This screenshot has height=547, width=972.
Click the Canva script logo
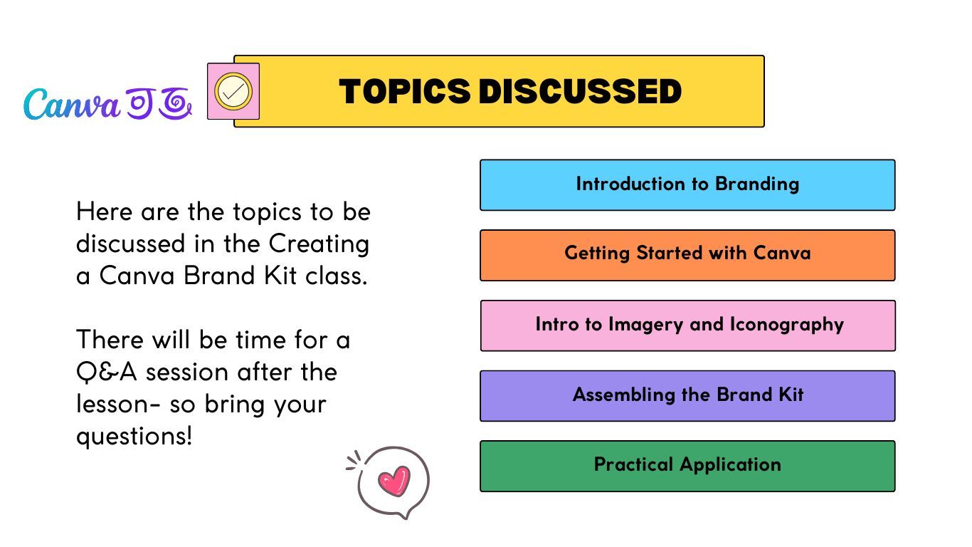72,104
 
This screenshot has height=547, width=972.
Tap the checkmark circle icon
233,91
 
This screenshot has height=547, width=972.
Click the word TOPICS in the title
404,92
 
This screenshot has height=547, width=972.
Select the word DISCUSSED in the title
580,92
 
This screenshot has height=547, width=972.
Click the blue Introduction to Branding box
687,185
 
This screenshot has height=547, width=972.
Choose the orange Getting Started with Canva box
687,255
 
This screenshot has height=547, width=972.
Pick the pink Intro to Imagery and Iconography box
688,325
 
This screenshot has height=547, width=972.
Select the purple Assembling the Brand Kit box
687,396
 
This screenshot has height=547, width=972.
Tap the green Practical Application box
687,467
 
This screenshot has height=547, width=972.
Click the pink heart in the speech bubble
394,481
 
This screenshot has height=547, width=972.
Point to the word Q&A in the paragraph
106,373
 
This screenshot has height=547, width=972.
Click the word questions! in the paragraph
134,436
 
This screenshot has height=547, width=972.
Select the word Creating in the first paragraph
319,244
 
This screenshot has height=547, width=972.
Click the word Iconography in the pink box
787,325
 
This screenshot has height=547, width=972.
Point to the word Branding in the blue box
757,184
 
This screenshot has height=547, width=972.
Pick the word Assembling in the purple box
623,395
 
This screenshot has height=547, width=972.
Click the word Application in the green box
730,465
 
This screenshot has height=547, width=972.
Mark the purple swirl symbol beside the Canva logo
175,103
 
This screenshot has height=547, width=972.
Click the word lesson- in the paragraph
118,404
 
